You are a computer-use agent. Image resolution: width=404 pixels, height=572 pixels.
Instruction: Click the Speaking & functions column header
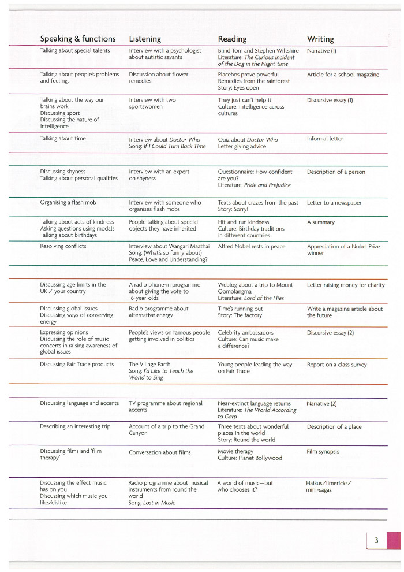point(77,39)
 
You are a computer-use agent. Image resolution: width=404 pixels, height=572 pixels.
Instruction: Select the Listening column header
point(145,39)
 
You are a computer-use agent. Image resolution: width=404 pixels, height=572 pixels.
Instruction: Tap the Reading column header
point(232,39)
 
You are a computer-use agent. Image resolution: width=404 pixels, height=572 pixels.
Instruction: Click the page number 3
point(376,541)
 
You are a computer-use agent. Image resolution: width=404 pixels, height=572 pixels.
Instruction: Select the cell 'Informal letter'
point(325,139)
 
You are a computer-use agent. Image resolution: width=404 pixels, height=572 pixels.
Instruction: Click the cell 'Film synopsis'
point(323,451)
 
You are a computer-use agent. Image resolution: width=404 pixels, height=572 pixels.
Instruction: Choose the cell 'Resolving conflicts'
point(63,246)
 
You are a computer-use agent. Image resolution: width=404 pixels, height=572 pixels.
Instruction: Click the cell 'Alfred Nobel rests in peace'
point(252,246)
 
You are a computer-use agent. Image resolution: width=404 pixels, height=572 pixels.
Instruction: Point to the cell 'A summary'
point(321,222)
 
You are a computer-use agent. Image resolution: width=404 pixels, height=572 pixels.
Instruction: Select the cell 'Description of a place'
point(334,426)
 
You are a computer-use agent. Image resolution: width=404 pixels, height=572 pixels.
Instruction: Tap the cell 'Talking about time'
point(63,139)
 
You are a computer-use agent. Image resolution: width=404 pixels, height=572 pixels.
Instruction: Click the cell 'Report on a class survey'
point(336,365)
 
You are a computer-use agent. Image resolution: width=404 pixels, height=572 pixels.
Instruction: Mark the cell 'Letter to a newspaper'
point(334,203)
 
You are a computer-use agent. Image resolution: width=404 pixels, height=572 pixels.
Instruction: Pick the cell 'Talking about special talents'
point(74,51)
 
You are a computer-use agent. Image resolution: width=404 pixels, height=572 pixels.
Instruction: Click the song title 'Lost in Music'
point(159,503)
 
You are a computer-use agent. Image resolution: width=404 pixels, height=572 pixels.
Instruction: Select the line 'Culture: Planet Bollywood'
point(250,458)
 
